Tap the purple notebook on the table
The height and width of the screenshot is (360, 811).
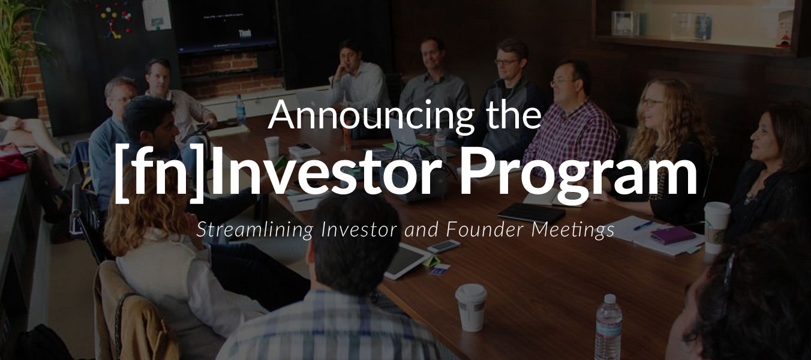[672, 234]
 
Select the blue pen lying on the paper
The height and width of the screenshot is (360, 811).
[642, 226]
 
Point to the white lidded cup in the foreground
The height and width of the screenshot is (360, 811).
[471, 307]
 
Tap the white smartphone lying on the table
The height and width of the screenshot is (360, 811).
[444, 246]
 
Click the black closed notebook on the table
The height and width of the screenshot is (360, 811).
[531, 212]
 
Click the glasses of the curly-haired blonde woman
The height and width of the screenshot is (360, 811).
[652, 103]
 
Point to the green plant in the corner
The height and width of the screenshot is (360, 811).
[18, 48]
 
